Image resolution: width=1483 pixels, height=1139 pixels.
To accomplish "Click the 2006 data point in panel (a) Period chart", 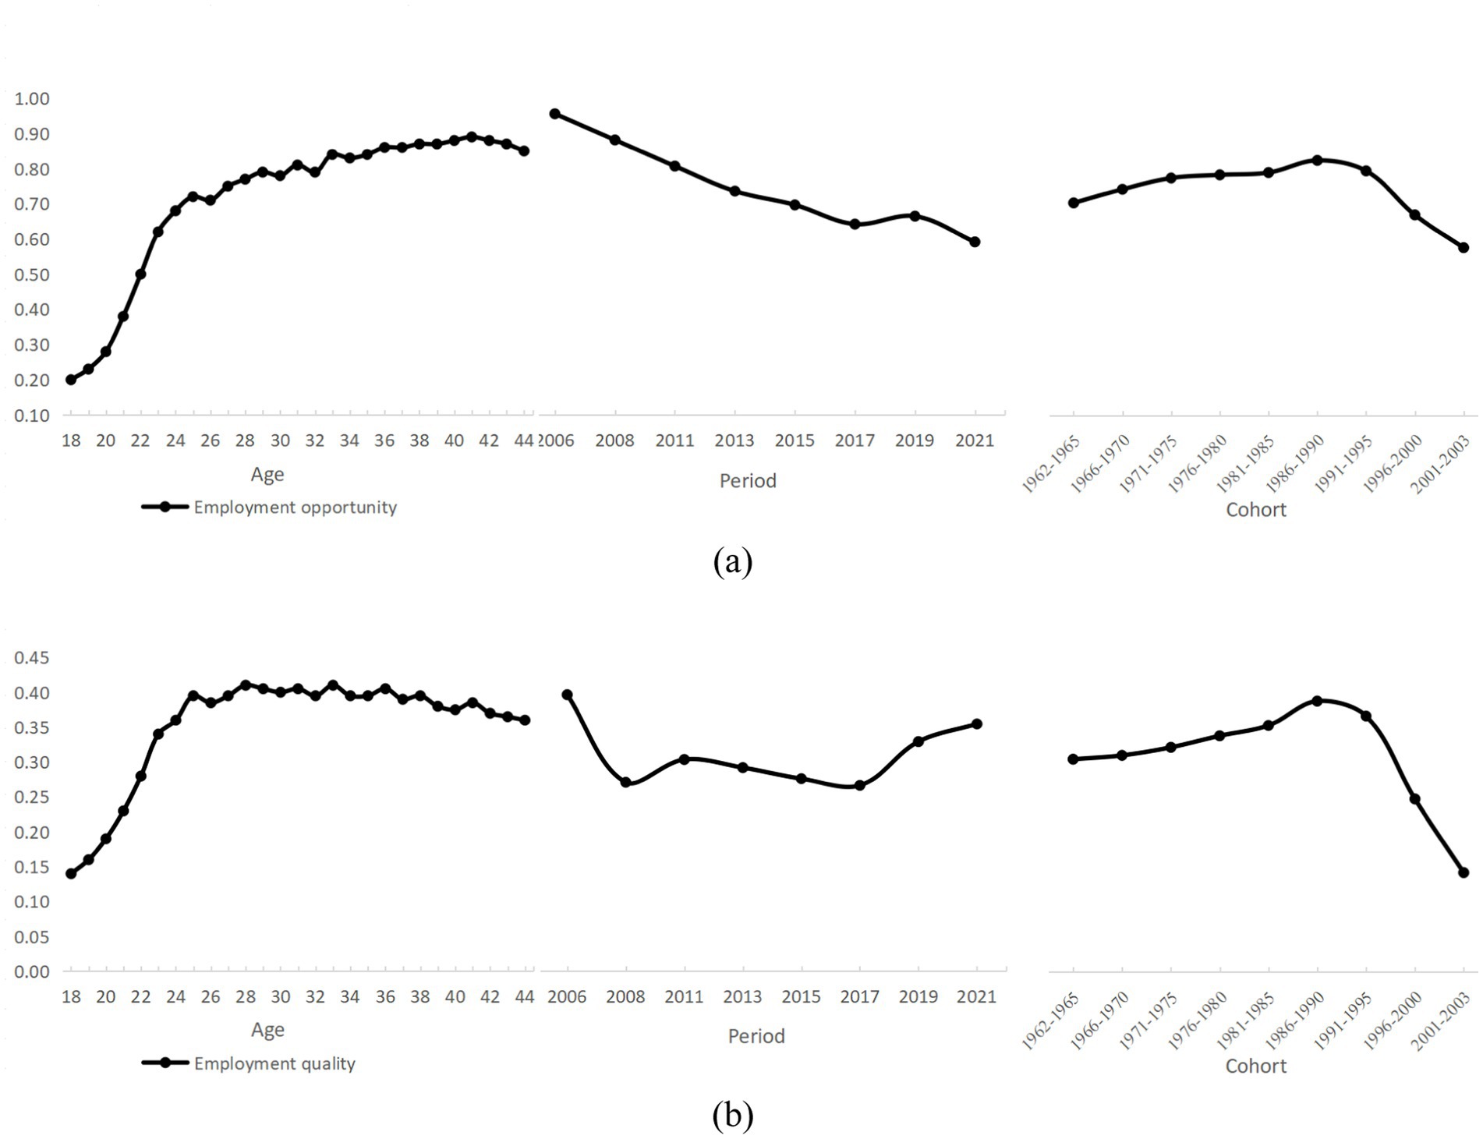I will pyautogui.click(x=555, y=114).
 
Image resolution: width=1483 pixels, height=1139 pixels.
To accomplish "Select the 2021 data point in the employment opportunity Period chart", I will pyautogui.click(x=975, y=242).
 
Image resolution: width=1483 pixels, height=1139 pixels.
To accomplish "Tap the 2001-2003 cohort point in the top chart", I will pyautogui.click(x=1464, y=248).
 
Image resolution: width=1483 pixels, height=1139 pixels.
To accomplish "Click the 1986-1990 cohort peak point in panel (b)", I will pyautogui.click(x=1318, y=701).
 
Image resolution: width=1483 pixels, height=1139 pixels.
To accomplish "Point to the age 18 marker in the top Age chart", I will pyautogui.click(x=71, y=380).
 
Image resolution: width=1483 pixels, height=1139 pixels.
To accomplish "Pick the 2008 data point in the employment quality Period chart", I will pyautogui.click(x=625, y=782).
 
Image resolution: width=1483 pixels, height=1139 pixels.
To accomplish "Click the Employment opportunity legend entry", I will pyautogui.click(x=295, y=508).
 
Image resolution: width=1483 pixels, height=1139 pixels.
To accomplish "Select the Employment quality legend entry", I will pyautogui.click(x=274, y=1063).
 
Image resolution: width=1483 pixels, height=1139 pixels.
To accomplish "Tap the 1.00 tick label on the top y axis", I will pyautogui.click(x=32, y=99).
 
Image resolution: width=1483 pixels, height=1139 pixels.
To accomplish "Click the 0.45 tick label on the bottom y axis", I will pyautogui.click(x=32, y=658).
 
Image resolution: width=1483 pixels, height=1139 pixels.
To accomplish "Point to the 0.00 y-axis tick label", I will pyautogui.click(x=32, y=971).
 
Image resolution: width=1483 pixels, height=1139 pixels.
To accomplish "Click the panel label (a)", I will pyautogui.click(x=733, y=561).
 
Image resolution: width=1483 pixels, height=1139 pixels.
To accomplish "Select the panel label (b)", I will pyautogui.click(x=733, y=1116).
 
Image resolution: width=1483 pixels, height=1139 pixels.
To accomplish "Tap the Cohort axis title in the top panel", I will pyautogui.click(x=1255, y=510).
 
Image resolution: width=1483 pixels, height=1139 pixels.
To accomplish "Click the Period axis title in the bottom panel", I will pyautogui.click(x=756, y=1036).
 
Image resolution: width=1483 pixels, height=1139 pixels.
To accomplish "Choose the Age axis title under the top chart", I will pyautogui.click(x=267, y=474).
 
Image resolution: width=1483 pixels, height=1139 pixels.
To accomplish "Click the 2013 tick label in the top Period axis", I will pyautogui.click(x=734, y=440).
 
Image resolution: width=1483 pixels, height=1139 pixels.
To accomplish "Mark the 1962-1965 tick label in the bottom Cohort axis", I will pyautogui.click(x=1051, y=1021).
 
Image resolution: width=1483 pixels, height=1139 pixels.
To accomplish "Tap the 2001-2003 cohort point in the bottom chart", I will pyautogui.click(x=1464, y=872).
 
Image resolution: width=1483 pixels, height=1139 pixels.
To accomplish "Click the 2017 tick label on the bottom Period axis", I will pyautogui.click(x=859, y=996).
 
